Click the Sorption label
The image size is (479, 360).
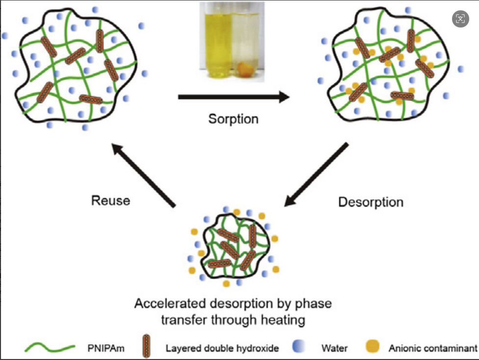(x=233, y=119)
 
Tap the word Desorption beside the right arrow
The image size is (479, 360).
(x=371, y=202)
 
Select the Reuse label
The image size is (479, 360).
(x=110, y=200)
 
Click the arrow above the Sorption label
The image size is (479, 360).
(x=233, y=97)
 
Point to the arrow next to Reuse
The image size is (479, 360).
(x=143, y=176)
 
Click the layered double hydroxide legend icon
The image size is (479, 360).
(x=146, y=348)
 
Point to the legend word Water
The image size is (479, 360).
(x=335, y=349)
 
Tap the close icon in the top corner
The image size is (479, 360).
(x=460, y=19)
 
